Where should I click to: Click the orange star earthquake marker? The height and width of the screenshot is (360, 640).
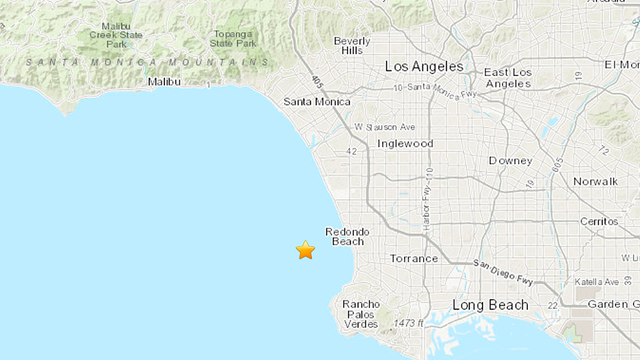305,250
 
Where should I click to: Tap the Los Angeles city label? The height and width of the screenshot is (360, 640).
425,66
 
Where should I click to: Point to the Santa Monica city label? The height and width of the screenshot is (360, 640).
317,102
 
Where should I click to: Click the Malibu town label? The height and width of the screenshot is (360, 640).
166,83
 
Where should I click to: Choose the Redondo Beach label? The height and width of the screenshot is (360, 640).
347,237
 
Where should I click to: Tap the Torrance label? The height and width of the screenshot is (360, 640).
413,258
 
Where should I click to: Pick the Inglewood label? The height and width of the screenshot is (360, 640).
405,143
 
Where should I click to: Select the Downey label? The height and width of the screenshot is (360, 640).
510,161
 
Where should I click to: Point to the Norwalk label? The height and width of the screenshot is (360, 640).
596,181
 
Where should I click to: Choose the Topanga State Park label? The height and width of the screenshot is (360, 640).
233,38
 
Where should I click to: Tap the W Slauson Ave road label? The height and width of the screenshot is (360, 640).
385,127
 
